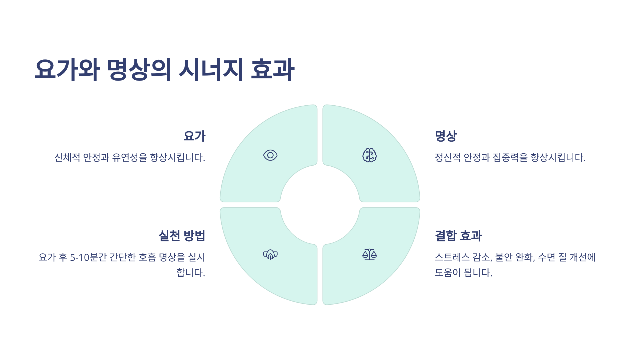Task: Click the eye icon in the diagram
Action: click(270, 155)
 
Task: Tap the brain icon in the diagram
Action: click(369, 155)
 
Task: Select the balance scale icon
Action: click(369, 255)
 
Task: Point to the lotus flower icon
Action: click(270, 255)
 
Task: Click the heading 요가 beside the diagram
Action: click(194, 136)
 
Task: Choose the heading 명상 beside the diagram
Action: click(446, 136)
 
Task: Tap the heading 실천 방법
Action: click(182, 236)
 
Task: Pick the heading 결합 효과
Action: click(458, 236)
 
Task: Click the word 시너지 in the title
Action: click(211, 70)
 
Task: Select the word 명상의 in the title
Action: click(139, 70)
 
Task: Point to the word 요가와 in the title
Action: click(67, 70)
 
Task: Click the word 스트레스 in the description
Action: click(452, 257)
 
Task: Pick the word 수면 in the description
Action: click(546, 257)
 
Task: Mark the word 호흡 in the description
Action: click(147, 257)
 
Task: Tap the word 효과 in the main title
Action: click(273, 70)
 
